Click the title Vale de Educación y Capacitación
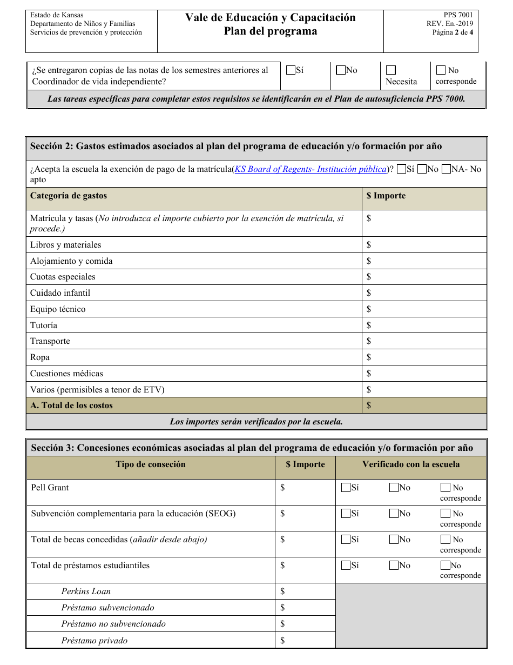tap(270, 18)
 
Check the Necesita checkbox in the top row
tap(391, 70)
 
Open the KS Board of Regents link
tap(310, 169)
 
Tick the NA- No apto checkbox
tap(446, 169)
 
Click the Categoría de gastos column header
tap(69, 196)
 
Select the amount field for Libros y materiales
tap(424, 245)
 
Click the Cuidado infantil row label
tap(60, 293)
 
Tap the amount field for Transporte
tap(424, 341)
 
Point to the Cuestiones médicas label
tap(66, 374)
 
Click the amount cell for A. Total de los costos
tap(424, 405)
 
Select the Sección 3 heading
tap(252, 448)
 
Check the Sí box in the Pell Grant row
tap(346, 488)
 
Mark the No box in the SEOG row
tap(394, 514)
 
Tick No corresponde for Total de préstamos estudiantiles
tap(446, 566)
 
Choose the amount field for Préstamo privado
tap(305, 641)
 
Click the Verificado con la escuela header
tap(411, 464)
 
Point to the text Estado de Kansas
tap(57, 15)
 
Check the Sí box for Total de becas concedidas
tap(346, 540)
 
